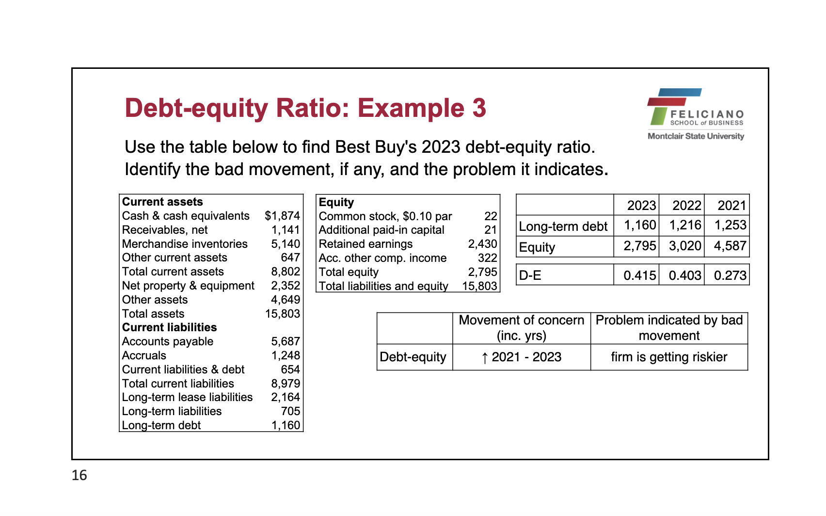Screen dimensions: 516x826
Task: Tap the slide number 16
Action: [x=79, y=475]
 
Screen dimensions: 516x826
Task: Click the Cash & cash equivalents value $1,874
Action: [x=282, y=216]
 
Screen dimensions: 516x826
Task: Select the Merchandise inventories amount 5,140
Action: [x=286, y=244]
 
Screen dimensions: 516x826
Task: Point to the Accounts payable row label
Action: [x=167, y=341]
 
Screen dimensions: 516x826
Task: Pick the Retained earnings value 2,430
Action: [x=482, y=244]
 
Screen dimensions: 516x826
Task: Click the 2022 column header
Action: [x=686, y=206]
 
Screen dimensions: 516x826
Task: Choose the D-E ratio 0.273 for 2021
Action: [x=730, y=275]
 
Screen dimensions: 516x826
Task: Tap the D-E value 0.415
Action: [x=639, y=275]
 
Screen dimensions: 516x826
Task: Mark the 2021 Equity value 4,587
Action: [x=730, y=246]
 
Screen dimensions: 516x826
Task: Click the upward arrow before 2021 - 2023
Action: [x=485, y=358]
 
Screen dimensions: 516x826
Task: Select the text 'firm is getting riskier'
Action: [x=669, y=357]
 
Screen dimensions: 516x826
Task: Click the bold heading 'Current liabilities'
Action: [x=169, y=327]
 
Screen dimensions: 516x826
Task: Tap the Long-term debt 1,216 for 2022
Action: [x=685, y=225]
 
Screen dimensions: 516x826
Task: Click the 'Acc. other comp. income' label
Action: [x=382, y=258]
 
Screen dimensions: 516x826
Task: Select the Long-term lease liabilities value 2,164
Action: [x=286, y=397]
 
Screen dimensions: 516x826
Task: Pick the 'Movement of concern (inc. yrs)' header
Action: [x=522, y=328]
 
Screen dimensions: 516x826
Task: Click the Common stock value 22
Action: [x=491, y=216]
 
